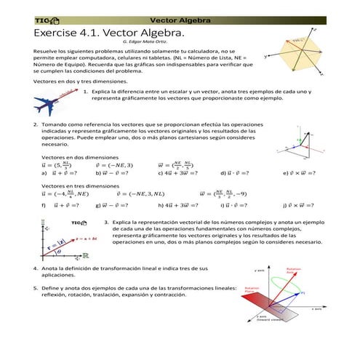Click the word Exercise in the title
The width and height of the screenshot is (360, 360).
click(x=57, y=33)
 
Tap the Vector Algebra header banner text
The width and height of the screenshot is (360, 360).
click(x=180, y=20)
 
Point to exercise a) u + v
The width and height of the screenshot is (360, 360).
click(x=61, y=173)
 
